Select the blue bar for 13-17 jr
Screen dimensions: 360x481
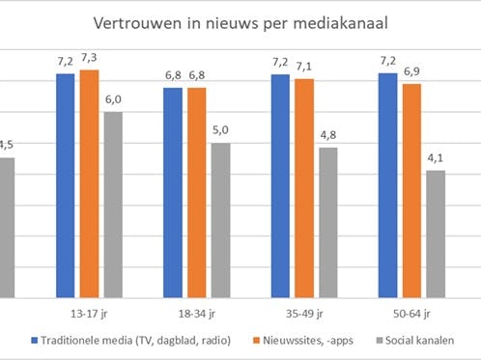click(x=65, y=185)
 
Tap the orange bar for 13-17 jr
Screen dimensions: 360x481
click(x=89, y=183)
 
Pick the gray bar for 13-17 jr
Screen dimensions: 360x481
click(x=113, y=205)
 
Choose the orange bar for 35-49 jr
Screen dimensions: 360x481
click(x=304, y=188)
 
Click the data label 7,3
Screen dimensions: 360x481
click(x=89, y=59)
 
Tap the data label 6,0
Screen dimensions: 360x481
click(x=113, y=100)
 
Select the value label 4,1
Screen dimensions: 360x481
click(x=436, y=158)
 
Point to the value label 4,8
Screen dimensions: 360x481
click(x=328, y=135)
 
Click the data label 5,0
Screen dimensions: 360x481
click(x=221, y=131)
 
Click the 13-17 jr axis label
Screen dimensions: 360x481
click(x=89, y=314)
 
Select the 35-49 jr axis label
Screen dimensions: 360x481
click(x=304, y=314)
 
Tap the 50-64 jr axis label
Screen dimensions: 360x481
click(x=412, y=314)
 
